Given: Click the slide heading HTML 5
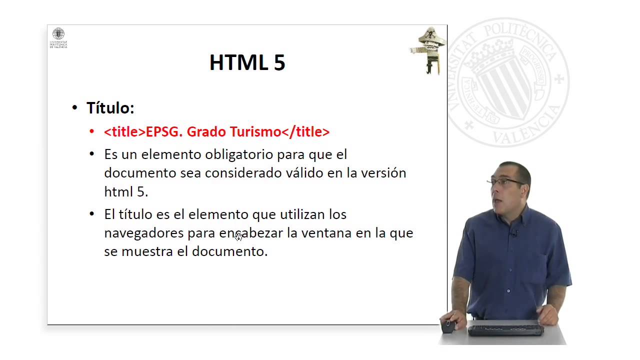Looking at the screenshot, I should pyautogui.click(x=247, y=63).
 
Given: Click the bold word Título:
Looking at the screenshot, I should pyautogui.click(x=110, y=108).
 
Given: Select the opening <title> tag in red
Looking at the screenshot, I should pyautogui.click(x=124, y=132).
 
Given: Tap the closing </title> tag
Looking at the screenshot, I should pyautogui.click(x=305, y=132).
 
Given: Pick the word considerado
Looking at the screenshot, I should pyautogui.click(x=236, y=173).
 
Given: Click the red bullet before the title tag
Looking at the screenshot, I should pyautogui.click(x=91, y=131).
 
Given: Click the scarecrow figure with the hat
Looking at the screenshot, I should pyautogui.click(x=429, y=50).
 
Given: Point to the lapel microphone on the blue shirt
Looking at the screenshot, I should pyautogui.click(x=513, y=233).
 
